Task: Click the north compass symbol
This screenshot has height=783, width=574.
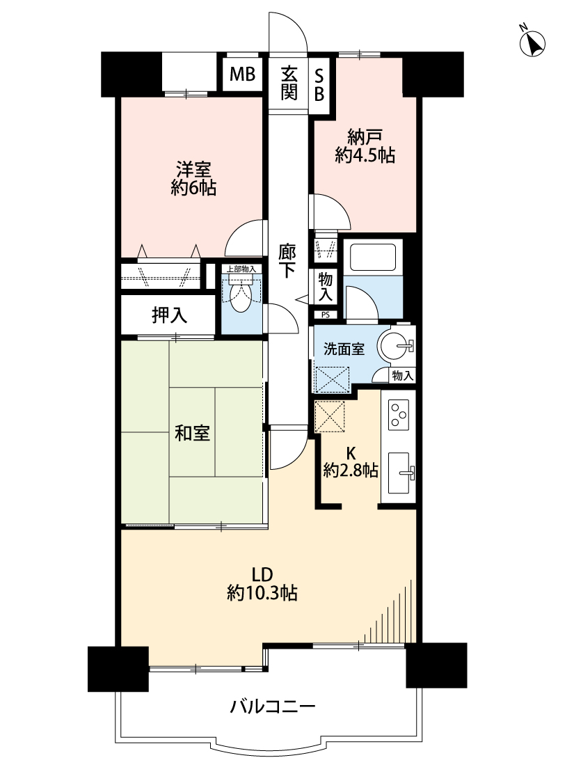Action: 532,42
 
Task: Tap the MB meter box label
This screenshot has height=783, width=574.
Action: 242,74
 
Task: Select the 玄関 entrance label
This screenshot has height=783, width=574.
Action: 289,84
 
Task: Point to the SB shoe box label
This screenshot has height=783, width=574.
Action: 319,84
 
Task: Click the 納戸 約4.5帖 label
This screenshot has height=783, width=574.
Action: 365,146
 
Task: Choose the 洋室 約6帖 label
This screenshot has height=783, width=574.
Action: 193,179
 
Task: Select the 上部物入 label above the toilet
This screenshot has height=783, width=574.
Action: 241,269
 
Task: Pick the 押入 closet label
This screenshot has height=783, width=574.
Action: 170,315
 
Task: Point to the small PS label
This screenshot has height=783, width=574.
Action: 325,315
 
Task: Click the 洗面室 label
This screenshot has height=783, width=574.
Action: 344,349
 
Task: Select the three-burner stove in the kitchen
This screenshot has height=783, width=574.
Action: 398,415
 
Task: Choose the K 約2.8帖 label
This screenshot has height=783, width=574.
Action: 350,462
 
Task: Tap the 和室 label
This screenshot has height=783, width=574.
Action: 192,432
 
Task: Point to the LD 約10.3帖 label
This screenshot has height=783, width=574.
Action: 262,584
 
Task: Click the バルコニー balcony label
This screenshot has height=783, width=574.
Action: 273,706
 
